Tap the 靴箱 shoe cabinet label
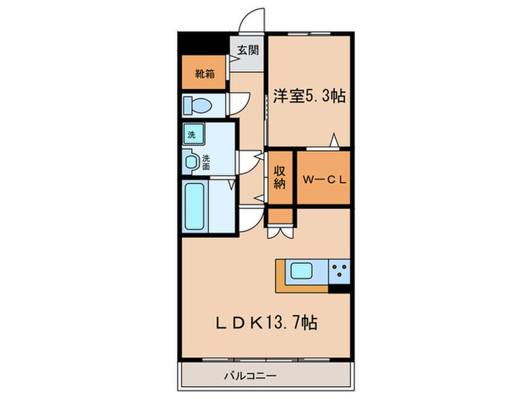[x=204, y=74]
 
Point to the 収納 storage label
[x=280, y=176]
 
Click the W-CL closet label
[x=324, y=180]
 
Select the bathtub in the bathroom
[x=195, y=207]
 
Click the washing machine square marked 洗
[x=191, y=135]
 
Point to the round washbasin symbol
[x=192, y=160]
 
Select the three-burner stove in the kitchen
[x=339, y=270]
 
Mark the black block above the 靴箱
[x=204, y=45]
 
